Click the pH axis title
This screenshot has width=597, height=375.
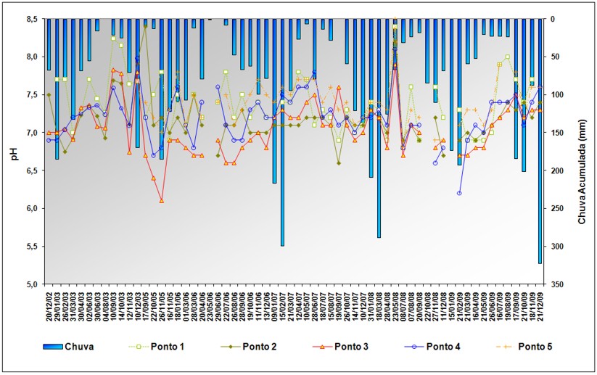[13, 152]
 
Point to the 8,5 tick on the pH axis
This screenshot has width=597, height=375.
[31, 19]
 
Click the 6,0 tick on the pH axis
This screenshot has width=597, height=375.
[31, 208]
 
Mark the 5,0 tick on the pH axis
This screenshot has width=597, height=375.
[31, 284]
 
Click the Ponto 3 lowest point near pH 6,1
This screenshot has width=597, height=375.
[161, 200]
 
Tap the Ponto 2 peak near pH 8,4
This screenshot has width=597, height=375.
[145, 26]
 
